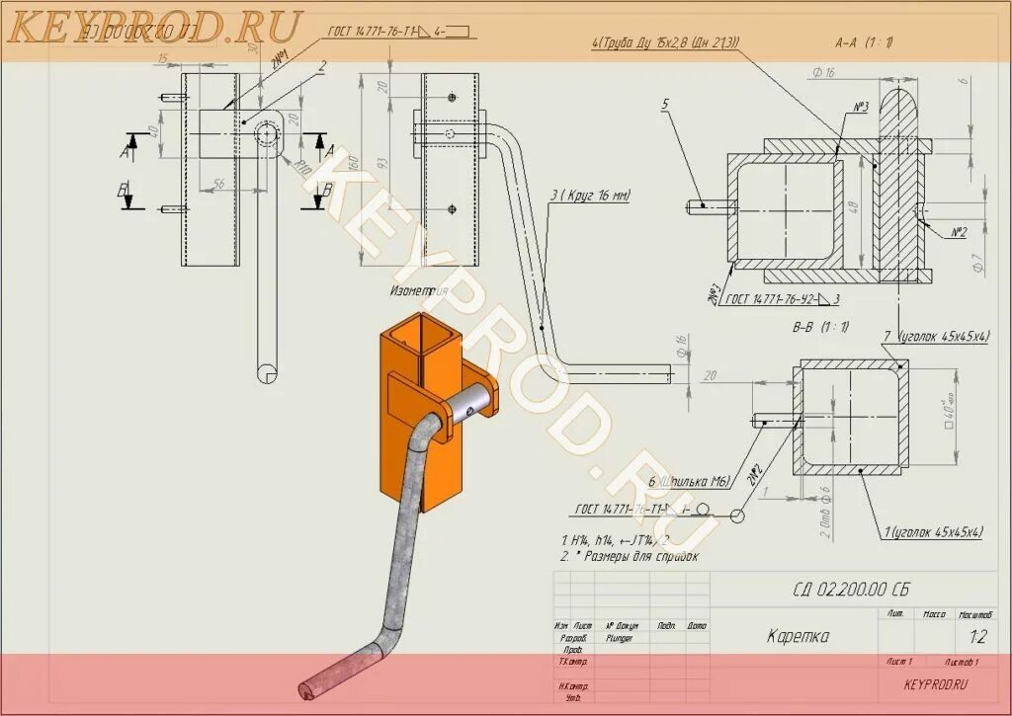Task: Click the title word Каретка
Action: (798, 637)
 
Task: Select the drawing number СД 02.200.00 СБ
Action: (850, 591)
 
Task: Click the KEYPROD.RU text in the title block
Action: (935, 683)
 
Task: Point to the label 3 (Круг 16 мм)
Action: (590, 196)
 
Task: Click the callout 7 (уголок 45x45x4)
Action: (936, 337)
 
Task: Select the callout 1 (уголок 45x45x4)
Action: (932, 532)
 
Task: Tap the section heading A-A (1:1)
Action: (864, 42)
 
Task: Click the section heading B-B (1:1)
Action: (820, 326)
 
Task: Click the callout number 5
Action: (665, 104)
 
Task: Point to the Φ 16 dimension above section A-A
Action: (823, 71)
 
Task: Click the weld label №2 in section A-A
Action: (958, 232)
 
